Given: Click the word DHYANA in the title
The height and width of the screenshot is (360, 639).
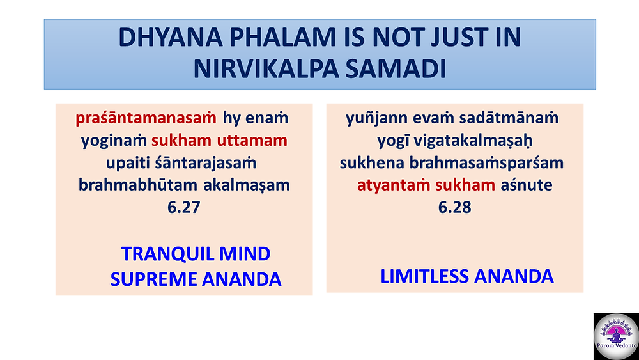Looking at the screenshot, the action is point(171,38).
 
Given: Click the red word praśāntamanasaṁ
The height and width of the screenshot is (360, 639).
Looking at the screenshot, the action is point(146,119).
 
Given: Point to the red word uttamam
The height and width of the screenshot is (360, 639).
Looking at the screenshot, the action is point(252,141).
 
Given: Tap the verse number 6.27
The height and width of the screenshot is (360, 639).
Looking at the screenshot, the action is point(184,207).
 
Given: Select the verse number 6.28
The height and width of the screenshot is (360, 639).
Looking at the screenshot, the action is point(455,207).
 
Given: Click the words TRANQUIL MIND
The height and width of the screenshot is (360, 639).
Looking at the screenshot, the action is point(196,254).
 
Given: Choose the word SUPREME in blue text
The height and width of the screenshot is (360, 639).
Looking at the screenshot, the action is point(153,279).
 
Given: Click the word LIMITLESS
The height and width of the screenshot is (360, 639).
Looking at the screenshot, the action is point(424,276).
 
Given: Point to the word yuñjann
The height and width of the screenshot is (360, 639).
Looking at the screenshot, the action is point(376,119).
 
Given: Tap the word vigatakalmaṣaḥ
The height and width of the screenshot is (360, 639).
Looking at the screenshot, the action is point(473,141).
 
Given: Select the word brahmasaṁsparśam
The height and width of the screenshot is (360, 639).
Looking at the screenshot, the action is point(486,163).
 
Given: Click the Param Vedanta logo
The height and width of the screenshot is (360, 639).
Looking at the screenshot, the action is point(616,336).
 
